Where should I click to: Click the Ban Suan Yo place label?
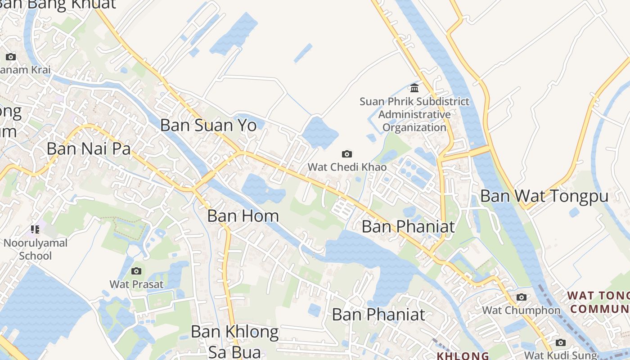pyautogui.click(x=208, y=125)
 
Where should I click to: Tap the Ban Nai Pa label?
pyautogui.click(x=89, y=148)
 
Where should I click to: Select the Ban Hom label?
pyautogui.click(x=243, y=216)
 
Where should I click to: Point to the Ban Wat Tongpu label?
pyautogui.click(x=544, y=196)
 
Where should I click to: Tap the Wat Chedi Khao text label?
pyautogui.click(x=347, y=167)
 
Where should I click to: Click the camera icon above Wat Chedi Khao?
pyautogui.click(x=347, y=154)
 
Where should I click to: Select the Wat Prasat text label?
pyautogui.click(x=136, y=284)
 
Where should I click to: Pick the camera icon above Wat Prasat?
pyautogui.click(x=136, y=271)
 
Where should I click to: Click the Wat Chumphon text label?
pyautogui.click(x=521, y=310)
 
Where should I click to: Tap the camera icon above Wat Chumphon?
pyautogui.click(x=522, y=297)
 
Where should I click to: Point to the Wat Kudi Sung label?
pyautogui.click(x=560, y=355)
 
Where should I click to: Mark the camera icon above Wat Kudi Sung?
pyautogui.click(x=560, y=342)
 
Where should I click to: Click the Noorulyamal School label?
pyautogui.click(x=35, y=249)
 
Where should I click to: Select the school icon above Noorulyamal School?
pyautogui.click(x=35, y=230)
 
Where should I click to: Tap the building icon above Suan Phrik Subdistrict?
pyautogui.click(x=414, y=88)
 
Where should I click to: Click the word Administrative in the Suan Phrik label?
pyautogui.click(x=414, y=114)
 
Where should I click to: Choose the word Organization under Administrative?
pyautogui.click(x=414, y=127)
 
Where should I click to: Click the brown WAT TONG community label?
pyautogui.click(x=598, y=302)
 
